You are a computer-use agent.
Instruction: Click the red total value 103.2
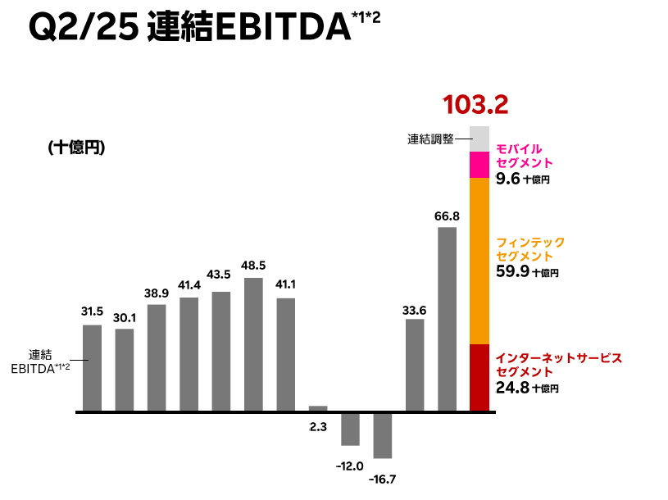[x=475, y=105]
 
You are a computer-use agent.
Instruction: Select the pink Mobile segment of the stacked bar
[x=479, y=165]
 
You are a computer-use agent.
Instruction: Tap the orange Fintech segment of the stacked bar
[x=479, y=261]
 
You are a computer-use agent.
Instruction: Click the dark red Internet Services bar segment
[x=479, y=377]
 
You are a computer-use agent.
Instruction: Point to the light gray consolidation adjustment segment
[x=479, y=139]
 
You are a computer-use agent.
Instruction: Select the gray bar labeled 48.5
[x=254, y=344]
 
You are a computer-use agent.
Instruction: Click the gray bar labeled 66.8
[x=447, y=319]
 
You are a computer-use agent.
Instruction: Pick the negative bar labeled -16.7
[x=383, y=434]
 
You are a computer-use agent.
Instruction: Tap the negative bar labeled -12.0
[x=351, y=428]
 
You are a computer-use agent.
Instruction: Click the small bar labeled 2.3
[x=318, y=408]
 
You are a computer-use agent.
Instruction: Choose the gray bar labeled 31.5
[x=93, y=368]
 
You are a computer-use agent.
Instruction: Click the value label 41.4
[x=189, y=284]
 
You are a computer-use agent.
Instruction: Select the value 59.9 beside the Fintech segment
[x=512, y=271]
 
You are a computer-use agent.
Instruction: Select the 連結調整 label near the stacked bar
[x=430, y=139]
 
